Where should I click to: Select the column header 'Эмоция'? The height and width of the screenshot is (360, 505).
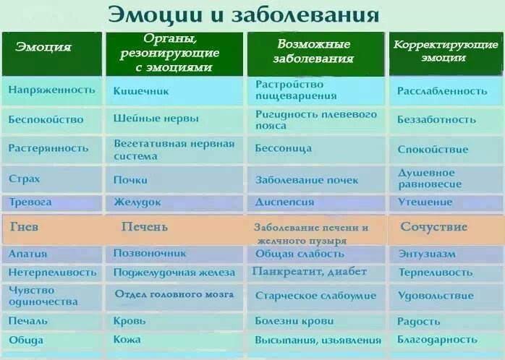[43, 48]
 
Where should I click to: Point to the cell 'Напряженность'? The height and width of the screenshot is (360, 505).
[52, 90]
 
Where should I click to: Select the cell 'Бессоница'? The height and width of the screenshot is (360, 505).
[283, 148]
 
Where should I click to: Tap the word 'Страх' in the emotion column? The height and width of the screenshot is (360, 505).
[25, 179]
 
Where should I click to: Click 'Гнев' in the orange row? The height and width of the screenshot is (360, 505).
[25, 227]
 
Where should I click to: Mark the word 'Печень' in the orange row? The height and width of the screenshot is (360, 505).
[144, 227]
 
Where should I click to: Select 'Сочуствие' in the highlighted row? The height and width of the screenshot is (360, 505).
[433, 227]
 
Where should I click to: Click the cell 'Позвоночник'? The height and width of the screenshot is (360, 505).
[150, 254]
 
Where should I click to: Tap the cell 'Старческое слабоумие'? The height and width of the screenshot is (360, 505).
[315, 296]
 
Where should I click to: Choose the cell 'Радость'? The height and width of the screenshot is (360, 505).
[418, 321]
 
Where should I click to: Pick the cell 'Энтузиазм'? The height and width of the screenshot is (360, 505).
[427, 254]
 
